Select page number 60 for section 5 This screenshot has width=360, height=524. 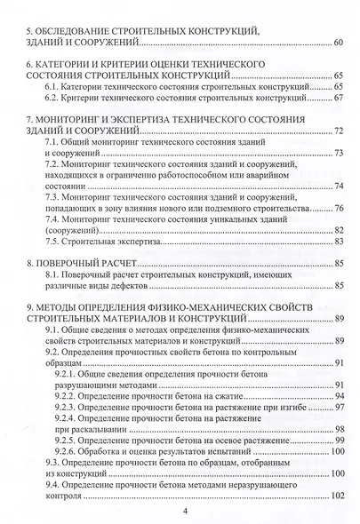click(x=339, y=43)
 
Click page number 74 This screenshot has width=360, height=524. click(x=339, y=186)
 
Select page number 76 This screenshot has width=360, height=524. click(x=339, y=207)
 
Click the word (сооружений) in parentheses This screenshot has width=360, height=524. click(x=72, y=229)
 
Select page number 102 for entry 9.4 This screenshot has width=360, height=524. click(x=337, y=495)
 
